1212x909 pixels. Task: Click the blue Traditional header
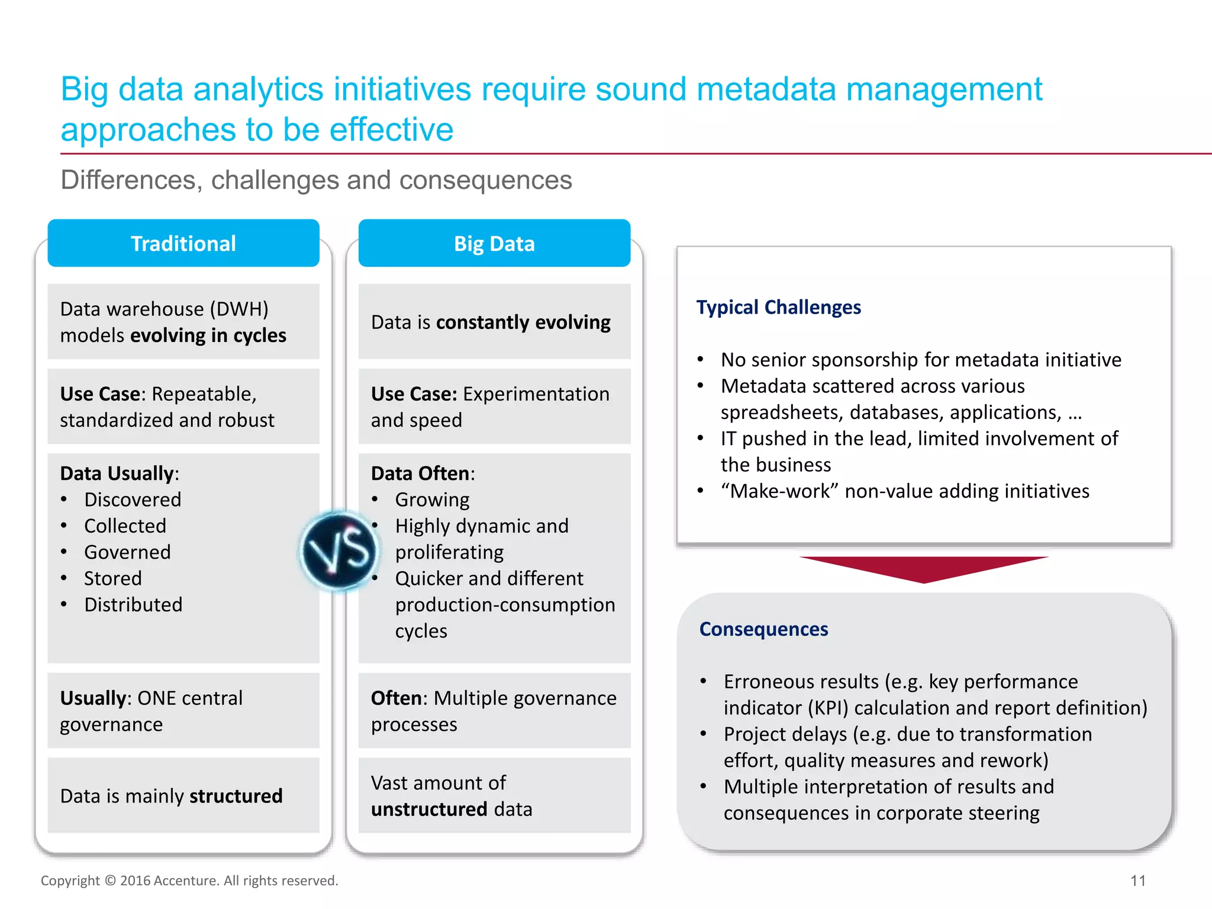(x=183, y=243)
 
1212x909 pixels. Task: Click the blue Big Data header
(x=494, y=243)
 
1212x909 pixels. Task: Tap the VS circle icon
(x=339, y=551)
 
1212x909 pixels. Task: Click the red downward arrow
(x=923, y=568)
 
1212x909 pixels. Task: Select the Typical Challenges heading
(x=778, y=307)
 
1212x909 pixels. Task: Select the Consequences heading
(x=763, y=629)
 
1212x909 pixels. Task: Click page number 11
(x=1137, y=881)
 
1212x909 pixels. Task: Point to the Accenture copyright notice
(x=189, y=881)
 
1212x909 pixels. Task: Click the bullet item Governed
(x=127, y=552)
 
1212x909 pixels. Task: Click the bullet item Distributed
(x=133, y=605)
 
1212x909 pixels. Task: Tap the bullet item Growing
(x=432, y=500)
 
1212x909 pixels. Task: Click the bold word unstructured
(x=429, y=810)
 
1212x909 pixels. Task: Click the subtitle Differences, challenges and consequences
(x=316, y=180)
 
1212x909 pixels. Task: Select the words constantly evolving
(x=523, y=323)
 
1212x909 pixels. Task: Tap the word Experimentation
(x=536, y=394)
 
